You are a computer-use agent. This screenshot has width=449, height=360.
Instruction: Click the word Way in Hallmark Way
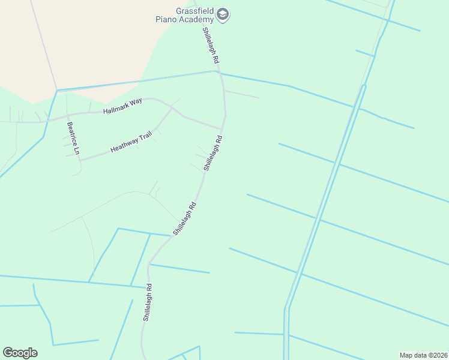pyautogui.click(x=137, y=102)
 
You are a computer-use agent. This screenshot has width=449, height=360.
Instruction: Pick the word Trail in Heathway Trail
pyautogui.click(x=145, y=137)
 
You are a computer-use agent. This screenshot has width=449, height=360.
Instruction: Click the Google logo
pyautogui.click(x=20, y=353)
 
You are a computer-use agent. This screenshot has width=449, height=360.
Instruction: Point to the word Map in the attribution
pyautogui.click(x=406, y=355)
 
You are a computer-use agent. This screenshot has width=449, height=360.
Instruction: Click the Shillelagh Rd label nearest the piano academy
pyautogui.click(x=211, y=46)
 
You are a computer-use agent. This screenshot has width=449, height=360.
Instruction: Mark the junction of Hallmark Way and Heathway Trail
pyautogui.click(x=172, y=109)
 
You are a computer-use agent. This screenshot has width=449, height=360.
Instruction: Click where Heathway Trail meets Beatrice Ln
pyautogui.click(x=80, y=160)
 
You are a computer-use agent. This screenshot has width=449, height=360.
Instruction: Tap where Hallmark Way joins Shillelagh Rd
pyautogui.click(x=222, y=128)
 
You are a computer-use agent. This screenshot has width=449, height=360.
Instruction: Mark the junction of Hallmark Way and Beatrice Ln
pyautogui.click(x=67, y=115)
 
